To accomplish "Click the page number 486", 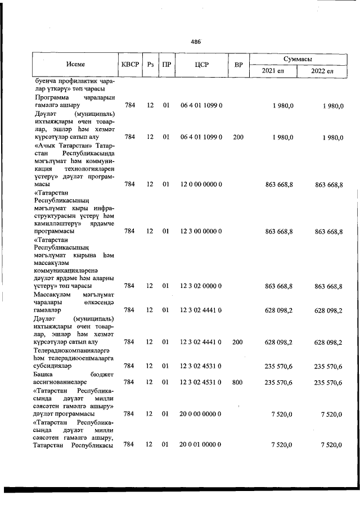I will [x=196, y=42].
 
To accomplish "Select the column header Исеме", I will [x=75, y=65].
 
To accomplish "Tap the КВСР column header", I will [x=129, y=65].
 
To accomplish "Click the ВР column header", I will [x=238, y=65].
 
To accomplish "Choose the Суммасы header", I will [x=298, y=58].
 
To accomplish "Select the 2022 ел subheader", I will [x=323, y=71].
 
